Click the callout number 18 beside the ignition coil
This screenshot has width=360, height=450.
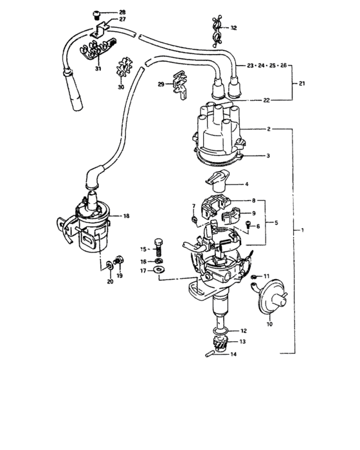(x=127, y=217)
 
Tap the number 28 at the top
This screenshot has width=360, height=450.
(x=122, y=13)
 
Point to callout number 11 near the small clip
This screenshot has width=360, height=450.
(x=267, y=276)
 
